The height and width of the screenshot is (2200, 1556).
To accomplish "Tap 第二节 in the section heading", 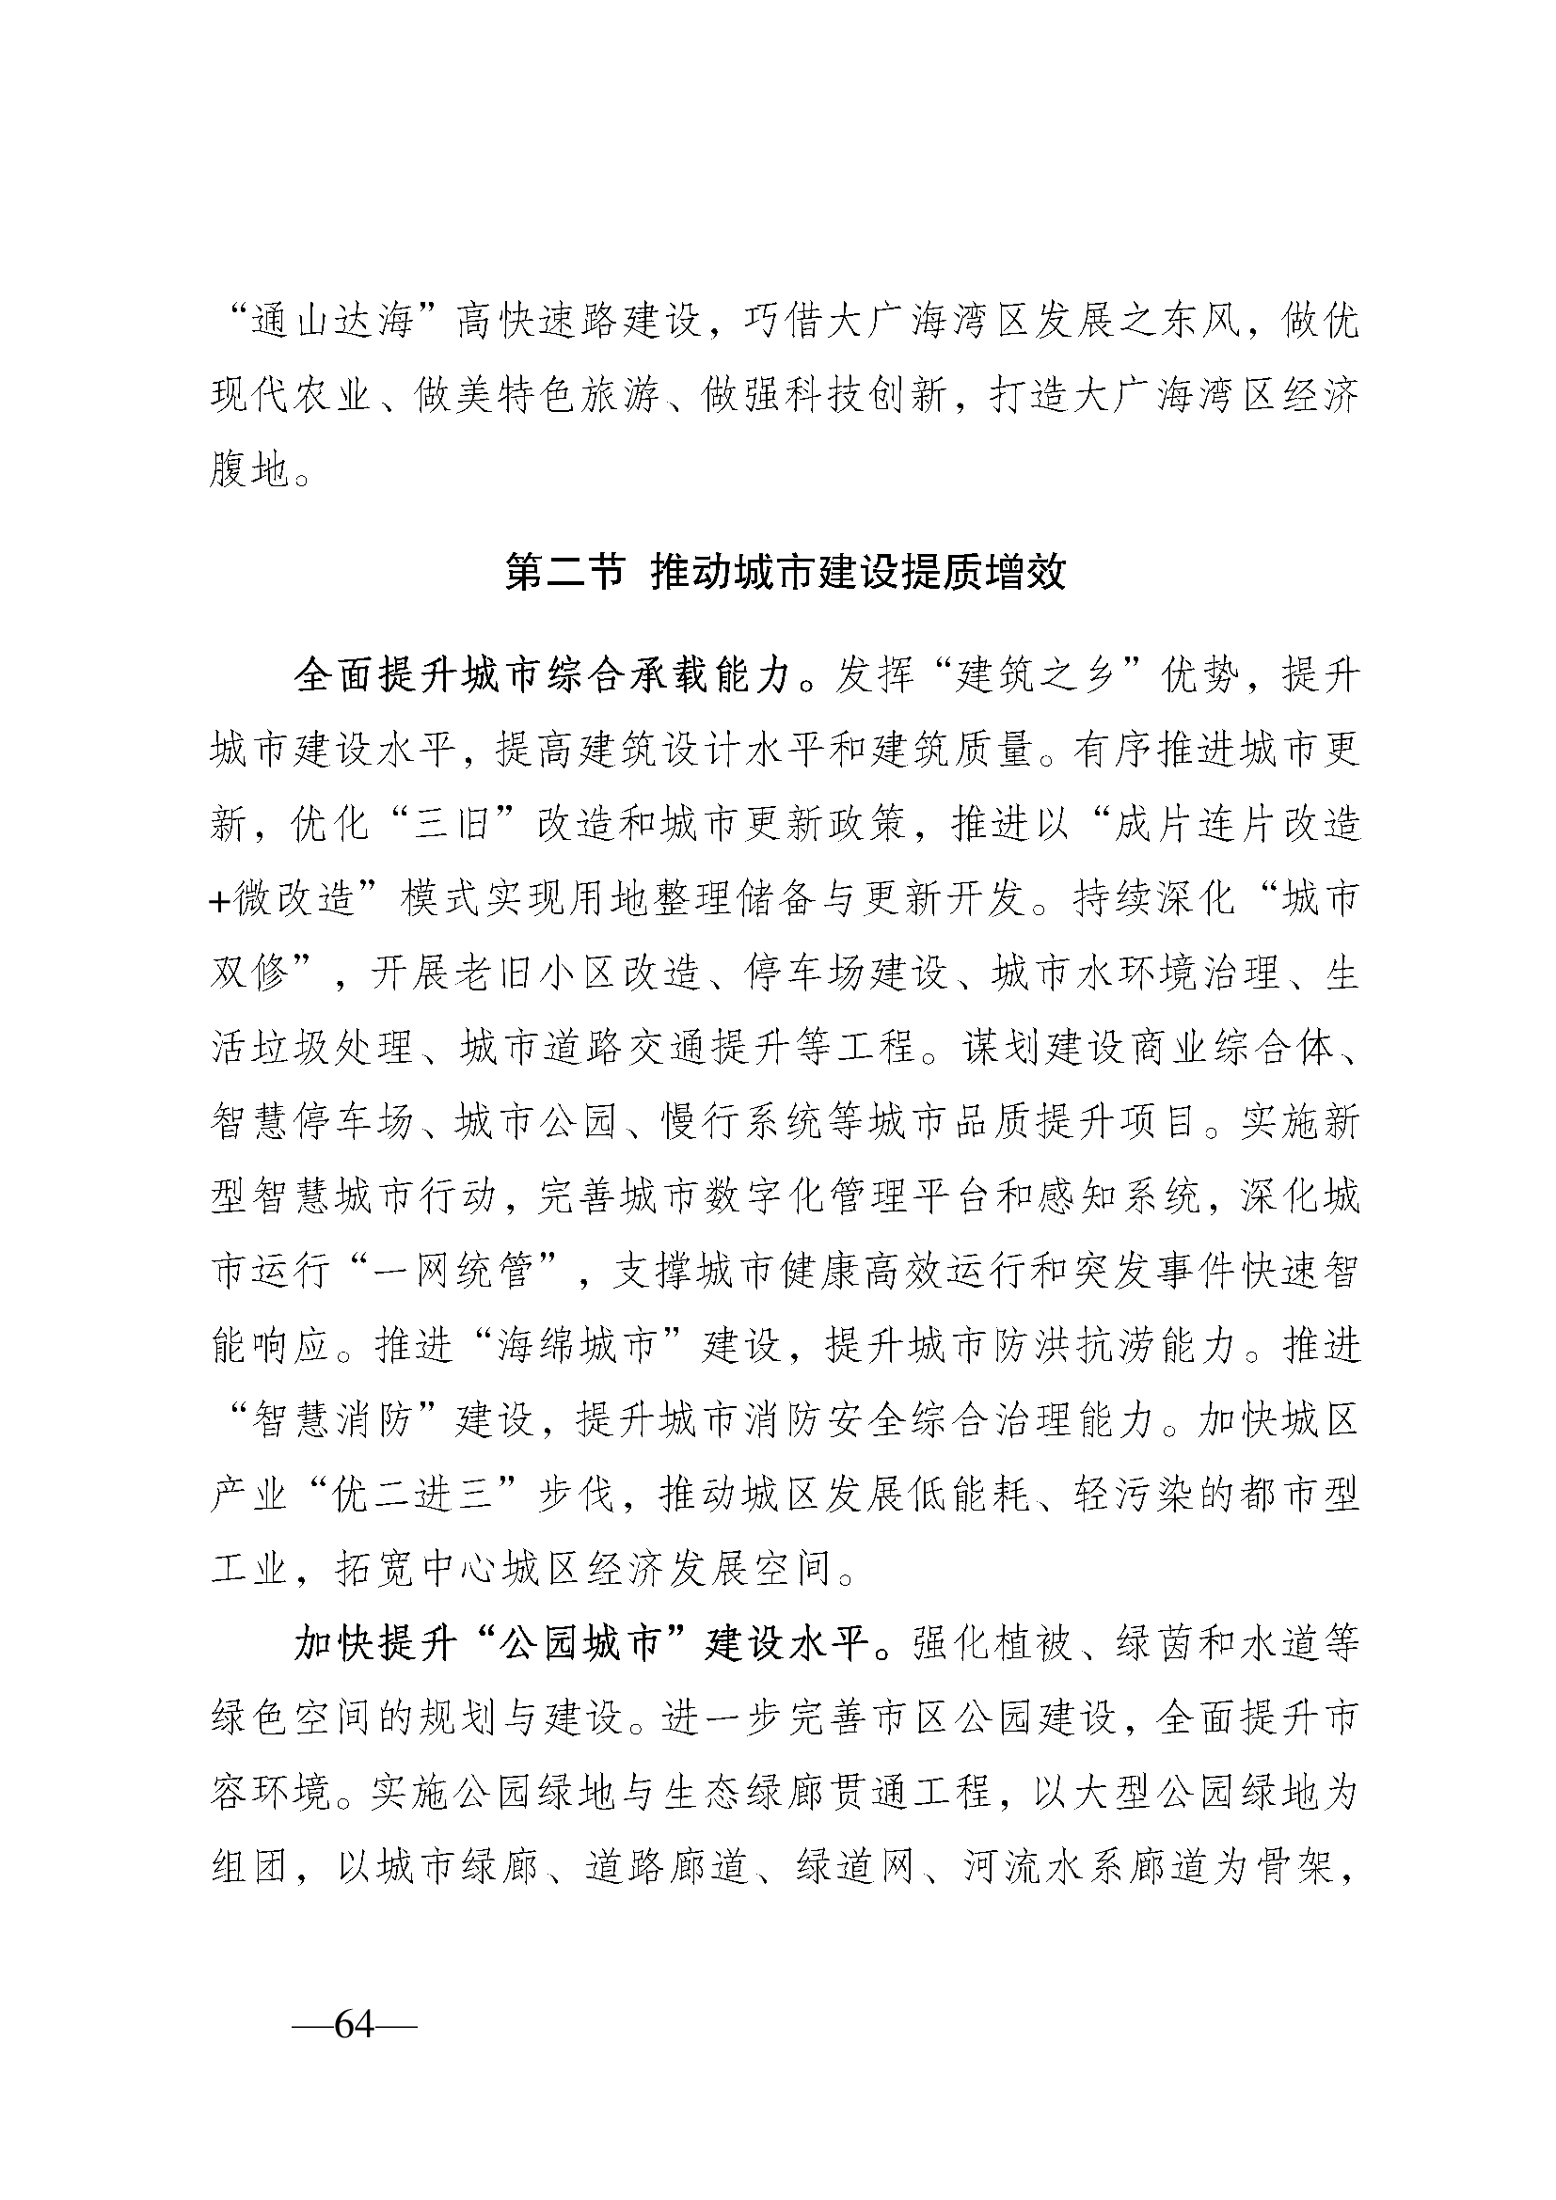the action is pos(564,574).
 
